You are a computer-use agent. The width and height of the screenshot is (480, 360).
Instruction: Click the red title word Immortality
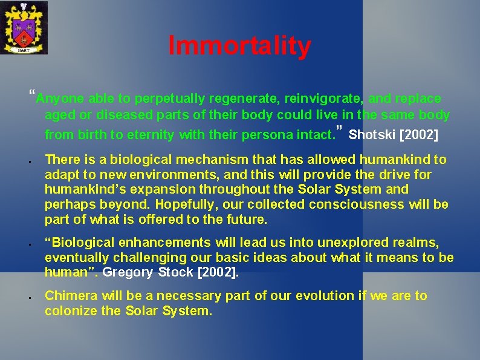pyautogui.click(x=239, y=46)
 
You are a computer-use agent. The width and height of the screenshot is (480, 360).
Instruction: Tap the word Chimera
pyautogui.click(x=71, y=296)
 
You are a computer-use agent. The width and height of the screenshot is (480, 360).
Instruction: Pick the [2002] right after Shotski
pyautogui.click(x=418, y=134)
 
